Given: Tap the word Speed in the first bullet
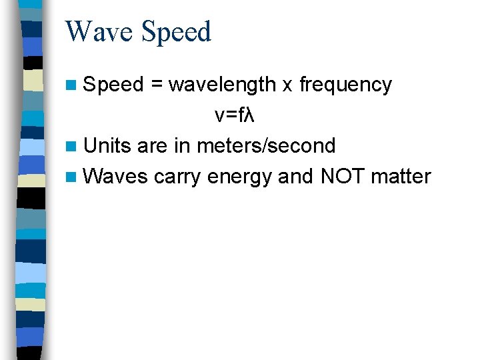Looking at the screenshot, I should click(x=114, y=85).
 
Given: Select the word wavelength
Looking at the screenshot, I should click(x=222, y=85).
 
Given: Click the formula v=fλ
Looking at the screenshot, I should click(x=235, y=115).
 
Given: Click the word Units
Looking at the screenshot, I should click(x=108, y=145).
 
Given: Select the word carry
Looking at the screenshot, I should click(x=178, y=177).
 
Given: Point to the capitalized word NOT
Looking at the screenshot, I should click(x=343, y=176).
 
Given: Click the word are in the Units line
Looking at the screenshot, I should click(x=151, y=146).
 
